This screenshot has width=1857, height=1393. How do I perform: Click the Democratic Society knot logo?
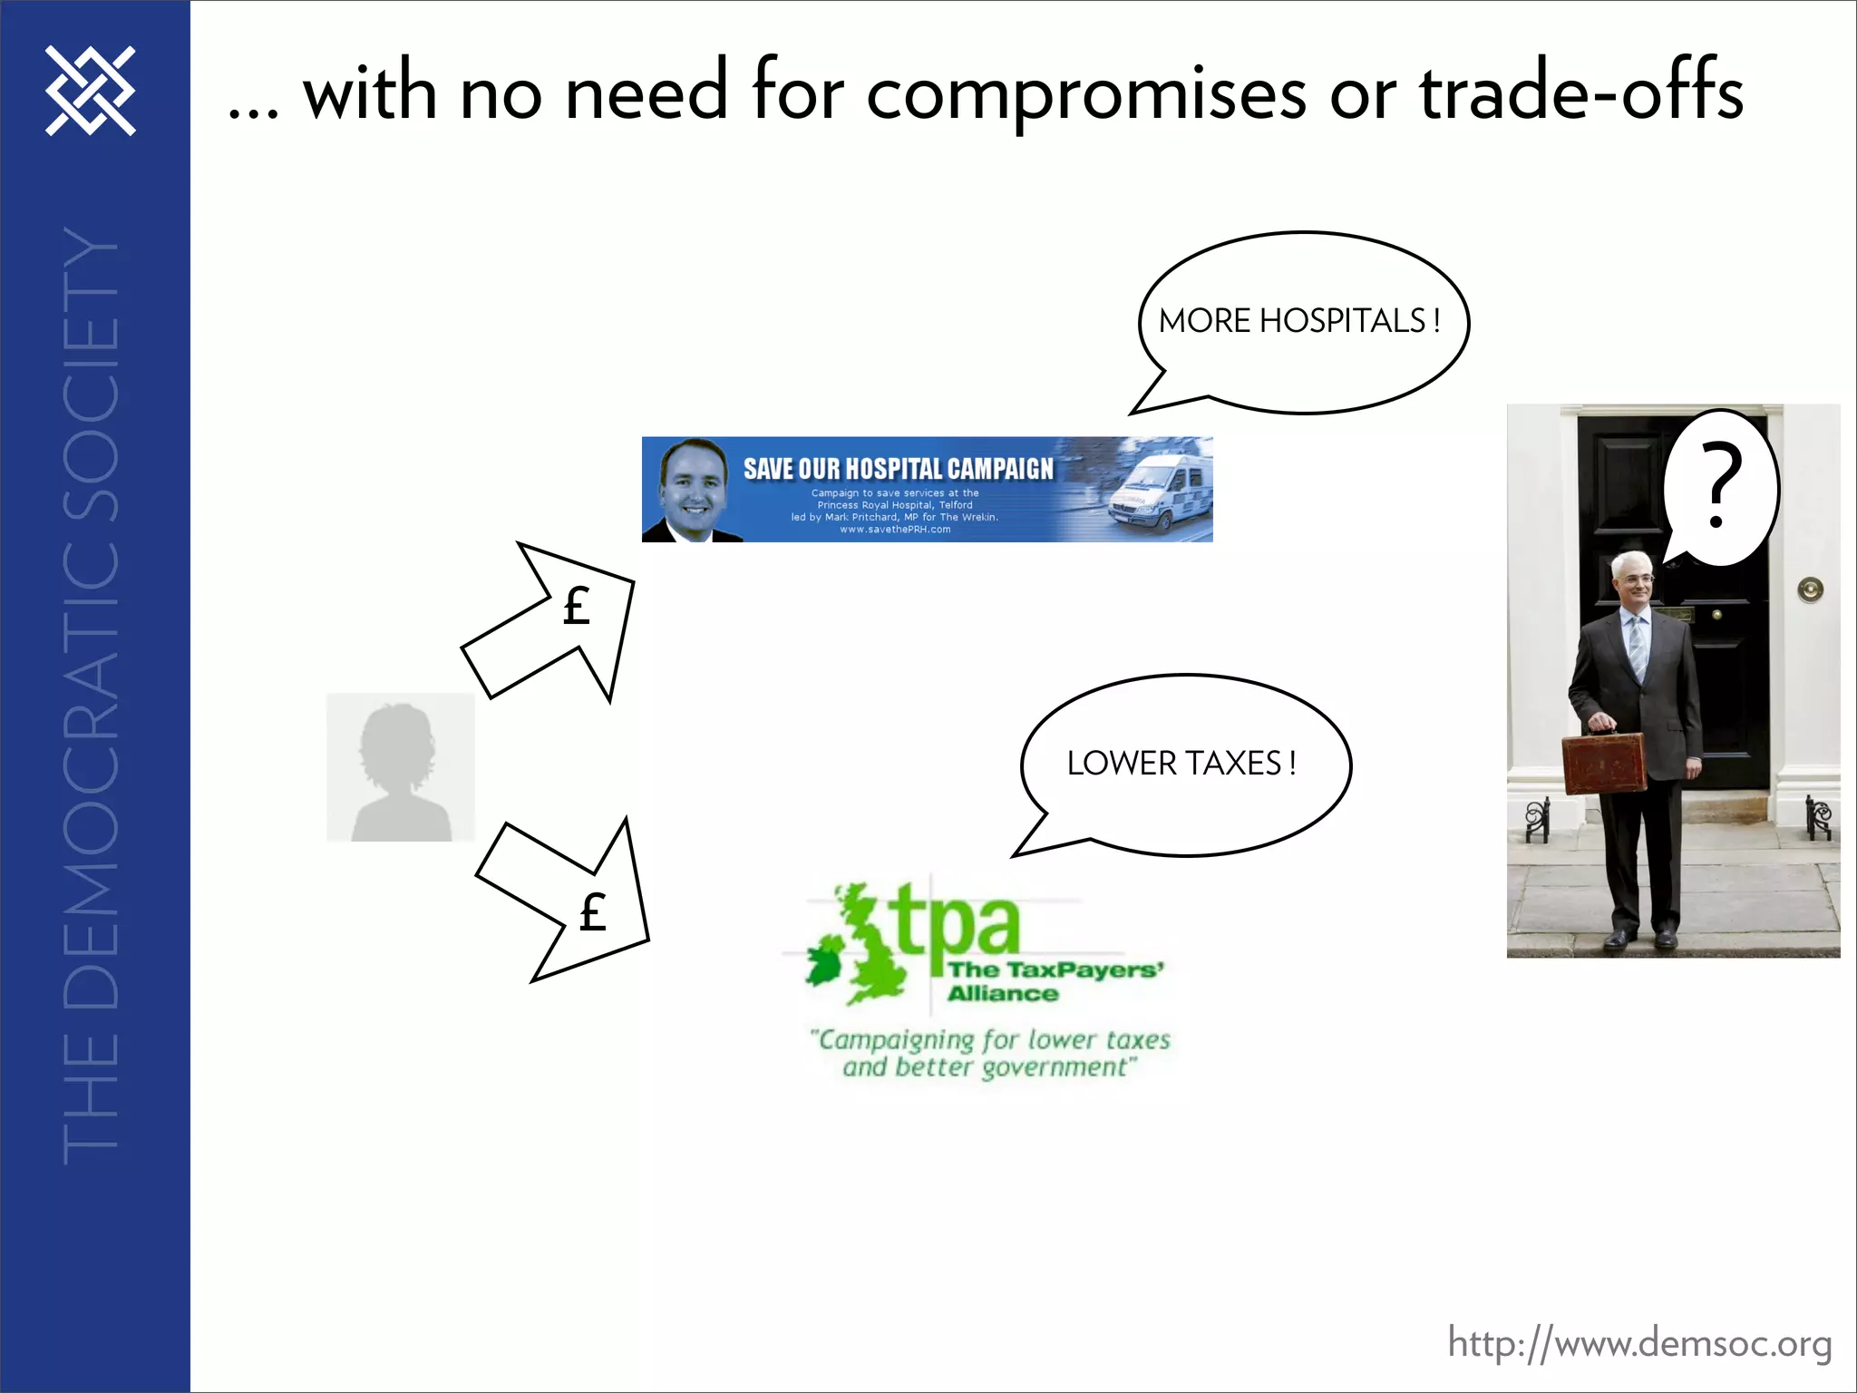click(x=91, y=91)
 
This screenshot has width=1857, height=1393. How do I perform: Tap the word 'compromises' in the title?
click(x=1085, y=94)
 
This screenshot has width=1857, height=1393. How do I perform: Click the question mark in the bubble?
click(x=1720, y=485)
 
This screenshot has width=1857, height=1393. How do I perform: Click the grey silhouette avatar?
click(x=401, y=767)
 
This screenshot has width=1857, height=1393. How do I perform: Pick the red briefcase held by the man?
click(x=1604, y=765)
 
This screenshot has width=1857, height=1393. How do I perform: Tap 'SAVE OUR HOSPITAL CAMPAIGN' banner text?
click(x=898, y=468)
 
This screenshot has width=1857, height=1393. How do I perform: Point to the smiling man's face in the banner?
click(x=693, y=490)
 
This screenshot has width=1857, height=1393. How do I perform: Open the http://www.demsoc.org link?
click(x=1638, y=1344)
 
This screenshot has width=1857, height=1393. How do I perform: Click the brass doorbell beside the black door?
click(x=1810, y=590)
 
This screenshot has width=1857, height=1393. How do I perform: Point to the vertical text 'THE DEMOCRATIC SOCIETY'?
click(x=91, y=694)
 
